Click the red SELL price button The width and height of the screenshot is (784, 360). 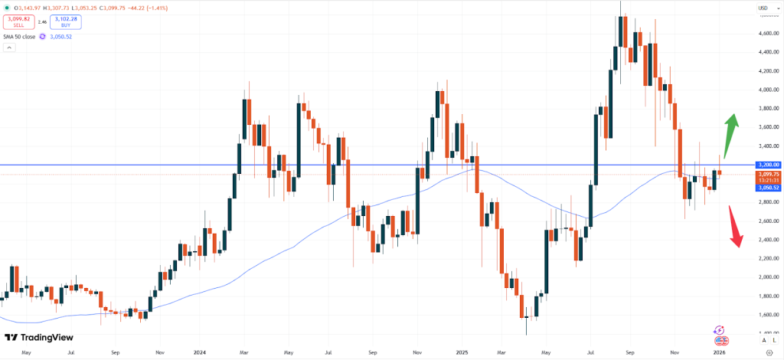(x=19, y=21)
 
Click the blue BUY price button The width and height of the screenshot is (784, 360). (x=67, y=21)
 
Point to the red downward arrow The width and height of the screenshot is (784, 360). (x=735, y=228)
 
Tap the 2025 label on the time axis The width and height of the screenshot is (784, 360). (x=462, y=353)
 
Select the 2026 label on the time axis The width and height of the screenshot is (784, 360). (x=719, y=353)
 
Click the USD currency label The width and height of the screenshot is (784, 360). (x=763, y=8)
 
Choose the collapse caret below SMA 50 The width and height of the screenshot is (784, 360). (x=9, y=47)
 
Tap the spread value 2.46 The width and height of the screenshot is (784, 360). (x=43, y=21)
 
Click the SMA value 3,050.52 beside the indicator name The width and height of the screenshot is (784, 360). (x=72, y=35)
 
